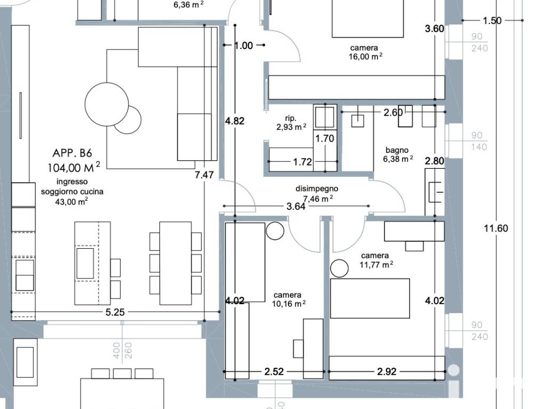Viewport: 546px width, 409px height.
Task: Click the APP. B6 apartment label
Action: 72,153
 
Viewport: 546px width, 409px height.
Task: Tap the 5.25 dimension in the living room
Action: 115,312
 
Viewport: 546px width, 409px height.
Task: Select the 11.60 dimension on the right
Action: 496,228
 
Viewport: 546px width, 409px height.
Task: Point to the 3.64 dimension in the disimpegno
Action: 296,207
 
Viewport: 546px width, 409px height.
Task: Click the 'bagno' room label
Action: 397,151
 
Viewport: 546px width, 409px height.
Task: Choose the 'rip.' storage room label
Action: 291,118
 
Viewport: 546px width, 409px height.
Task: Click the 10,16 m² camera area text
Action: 288,304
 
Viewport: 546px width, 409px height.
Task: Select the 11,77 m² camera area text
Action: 376,265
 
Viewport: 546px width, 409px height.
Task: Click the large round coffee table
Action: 107,104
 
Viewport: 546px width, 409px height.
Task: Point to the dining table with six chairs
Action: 175,263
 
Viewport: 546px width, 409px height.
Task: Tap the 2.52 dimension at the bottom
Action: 274,372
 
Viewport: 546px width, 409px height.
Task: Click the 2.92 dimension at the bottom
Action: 387,372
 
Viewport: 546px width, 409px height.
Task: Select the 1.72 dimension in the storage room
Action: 302,162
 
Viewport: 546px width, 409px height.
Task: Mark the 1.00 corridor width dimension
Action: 243,46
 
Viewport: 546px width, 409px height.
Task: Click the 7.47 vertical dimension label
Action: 204,175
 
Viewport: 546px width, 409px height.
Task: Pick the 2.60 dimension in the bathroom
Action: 393,112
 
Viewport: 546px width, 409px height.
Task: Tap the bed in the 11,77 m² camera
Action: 370,298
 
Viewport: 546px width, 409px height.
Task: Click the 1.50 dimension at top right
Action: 492,21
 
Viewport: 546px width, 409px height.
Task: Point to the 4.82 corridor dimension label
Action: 235,121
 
